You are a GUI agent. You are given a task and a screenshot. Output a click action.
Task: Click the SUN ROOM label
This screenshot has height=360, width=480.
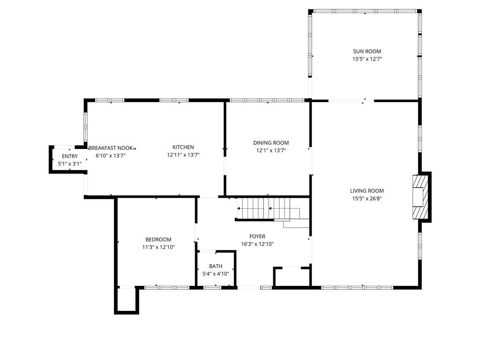[x=367, y=52]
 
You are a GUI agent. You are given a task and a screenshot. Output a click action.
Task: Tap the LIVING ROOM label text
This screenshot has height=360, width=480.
[x=367, y=191]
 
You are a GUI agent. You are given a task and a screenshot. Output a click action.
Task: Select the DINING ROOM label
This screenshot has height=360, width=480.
[x=271, y=142]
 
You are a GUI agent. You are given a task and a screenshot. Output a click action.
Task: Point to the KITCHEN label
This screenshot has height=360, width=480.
[x=183, y=147]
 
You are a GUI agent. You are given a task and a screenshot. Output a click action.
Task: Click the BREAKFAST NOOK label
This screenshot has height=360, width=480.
[x=111, y=148]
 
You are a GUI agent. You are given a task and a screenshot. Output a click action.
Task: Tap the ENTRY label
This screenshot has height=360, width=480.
[x=70, y=156]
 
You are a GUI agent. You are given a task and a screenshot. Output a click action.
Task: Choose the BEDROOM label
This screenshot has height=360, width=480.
[x=158, y=240]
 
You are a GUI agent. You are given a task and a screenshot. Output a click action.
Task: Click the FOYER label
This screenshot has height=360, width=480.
[x=257, y=236]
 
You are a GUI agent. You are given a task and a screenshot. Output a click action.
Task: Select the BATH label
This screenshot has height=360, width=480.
[x=216, y=266]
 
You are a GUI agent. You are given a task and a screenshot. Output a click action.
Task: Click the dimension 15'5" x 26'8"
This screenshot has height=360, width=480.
[x=367, y=198]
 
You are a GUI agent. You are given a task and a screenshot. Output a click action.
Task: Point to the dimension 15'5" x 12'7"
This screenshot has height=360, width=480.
[x=367, y=59]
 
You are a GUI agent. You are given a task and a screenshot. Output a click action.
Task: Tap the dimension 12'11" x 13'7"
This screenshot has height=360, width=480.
[x=183, y=155]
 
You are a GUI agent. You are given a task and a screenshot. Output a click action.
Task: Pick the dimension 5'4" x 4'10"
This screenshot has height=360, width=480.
[x=216, y=274]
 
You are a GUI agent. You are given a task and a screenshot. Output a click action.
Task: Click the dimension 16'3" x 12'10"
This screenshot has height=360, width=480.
[x=257, y=244]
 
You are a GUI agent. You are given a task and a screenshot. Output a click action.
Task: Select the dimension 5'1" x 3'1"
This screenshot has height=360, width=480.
[x=70, y=164]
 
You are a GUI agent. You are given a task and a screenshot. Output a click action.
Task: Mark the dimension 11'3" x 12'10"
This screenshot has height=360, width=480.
[x=158, y=247]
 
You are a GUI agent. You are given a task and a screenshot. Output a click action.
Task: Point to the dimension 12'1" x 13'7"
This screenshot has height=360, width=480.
[x=271, y=150]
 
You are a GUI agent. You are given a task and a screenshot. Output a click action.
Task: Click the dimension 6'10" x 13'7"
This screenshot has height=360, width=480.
[x=111, y=156]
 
